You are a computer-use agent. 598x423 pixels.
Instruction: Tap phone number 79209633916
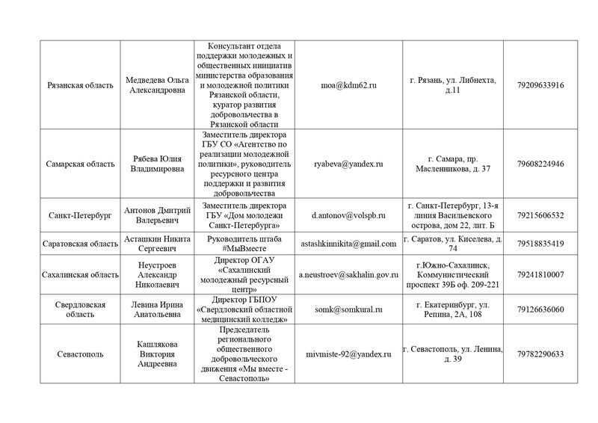pos(540,85)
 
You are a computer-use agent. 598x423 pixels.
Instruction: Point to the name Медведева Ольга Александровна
pos(157,85)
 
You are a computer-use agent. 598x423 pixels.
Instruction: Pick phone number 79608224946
pos(540,164)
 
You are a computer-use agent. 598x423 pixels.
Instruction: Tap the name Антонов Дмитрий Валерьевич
pos(157,215)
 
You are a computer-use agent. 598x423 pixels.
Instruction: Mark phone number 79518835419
pos(540,244)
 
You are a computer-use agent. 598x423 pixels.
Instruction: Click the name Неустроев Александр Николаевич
pos(157,275)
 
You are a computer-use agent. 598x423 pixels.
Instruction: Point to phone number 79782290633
pos(540,353)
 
